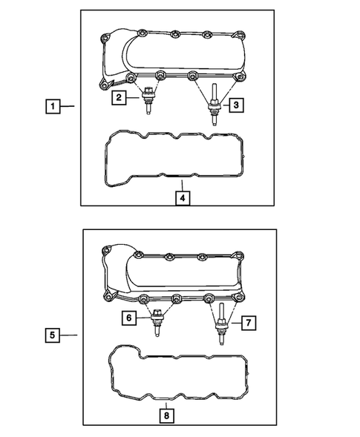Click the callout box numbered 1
pyautogui.click(x=53, y=107)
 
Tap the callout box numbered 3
pyautogui.click(x=235, y=106)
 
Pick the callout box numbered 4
pyautogui.click(x=182, y=199)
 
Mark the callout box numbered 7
pyautogui.click(x=249, y=322)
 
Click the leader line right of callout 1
pyautogui.click(x=69, y=107)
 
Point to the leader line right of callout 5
pyautogui.click(x=68, y=336)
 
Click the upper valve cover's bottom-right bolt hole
pyautogui.click(x=239, y=79)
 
